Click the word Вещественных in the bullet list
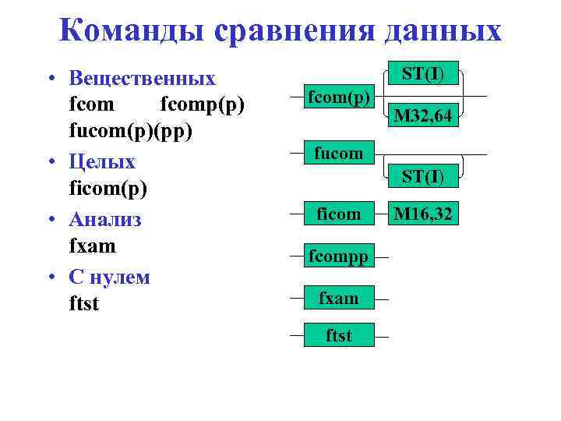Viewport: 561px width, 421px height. pyautogui.click(x=143, y=79)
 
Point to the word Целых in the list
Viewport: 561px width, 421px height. pyautogui.click(x=102, y=162)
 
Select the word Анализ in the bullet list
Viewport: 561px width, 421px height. pyautogui.click(x=105, y=220)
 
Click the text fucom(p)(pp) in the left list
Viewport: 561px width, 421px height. pyautogui.click(x=130, y=132)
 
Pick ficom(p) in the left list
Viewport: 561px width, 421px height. pyautogui.click(x=108, y=189)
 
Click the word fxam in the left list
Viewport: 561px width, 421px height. pyautogui.click(x=92, y=246)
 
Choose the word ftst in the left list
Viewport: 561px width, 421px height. pyautogui.click(x=84, y=304)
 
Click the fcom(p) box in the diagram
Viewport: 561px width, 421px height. pyautogui.click(x=339, y=97)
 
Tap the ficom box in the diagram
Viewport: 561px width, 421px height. pyautogui.click(x=339, y=213)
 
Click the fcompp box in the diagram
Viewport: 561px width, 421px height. pyautogui.click(x=339, y=255)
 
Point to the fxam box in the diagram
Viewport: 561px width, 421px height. pyautogui.click(x=339, y=297)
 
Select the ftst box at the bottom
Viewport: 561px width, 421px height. pyautogui.click(x=339, y=335)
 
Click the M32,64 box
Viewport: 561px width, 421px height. pyautogui.click(x=423, y=116)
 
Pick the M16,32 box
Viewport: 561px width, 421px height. pyautogui.click(x=423, y=213)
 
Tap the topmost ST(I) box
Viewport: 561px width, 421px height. pyautogui.click(x=423, y=74)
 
